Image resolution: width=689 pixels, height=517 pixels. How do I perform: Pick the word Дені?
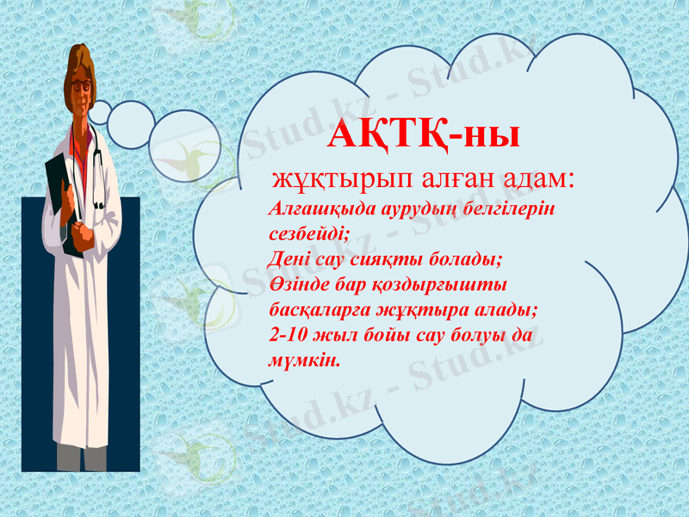(287, 258)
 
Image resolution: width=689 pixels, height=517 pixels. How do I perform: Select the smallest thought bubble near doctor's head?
(100, 112)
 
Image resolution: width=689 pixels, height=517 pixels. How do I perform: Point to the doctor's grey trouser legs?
(82, 456)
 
